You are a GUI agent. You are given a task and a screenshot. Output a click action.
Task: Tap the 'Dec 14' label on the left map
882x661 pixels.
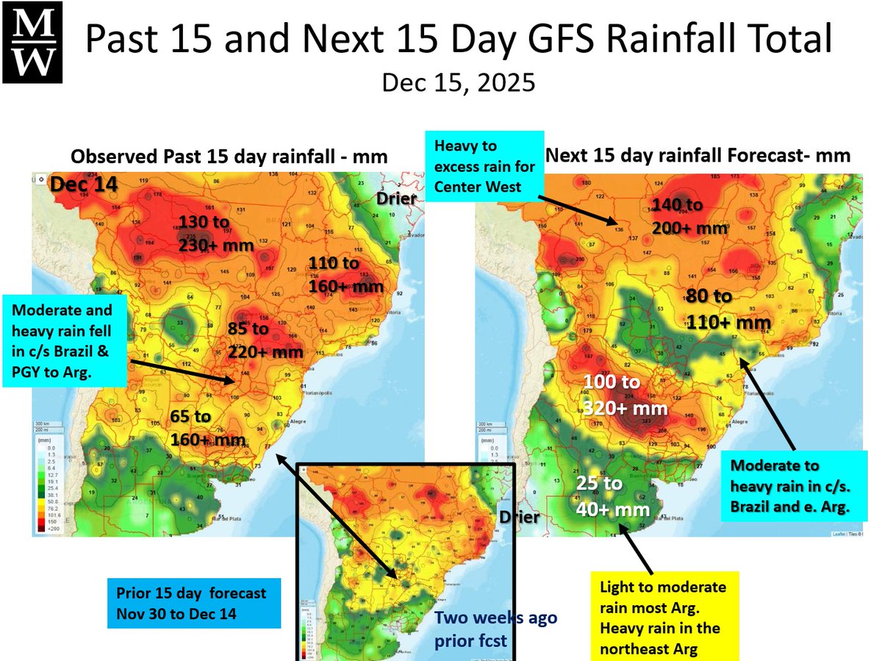pyautogui.click(x=79, y=187)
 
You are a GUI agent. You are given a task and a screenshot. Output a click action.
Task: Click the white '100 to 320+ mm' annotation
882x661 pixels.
pyautogui.click(x=625, y=395)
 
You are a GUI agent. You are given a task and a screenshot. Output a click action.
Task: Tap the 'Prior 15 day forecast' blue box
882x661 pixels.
pyautogui.click(x=194, y=602)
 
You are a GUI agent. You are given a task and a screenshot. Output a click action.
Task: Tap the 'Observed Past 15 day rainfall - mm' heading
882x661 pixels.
pyautogui.click(x=229, y=157)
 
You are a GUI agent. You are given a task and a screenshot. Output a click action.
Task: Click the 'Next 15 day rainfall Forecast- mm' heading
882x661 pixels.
pyautogui.click(x=698, y=155)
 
